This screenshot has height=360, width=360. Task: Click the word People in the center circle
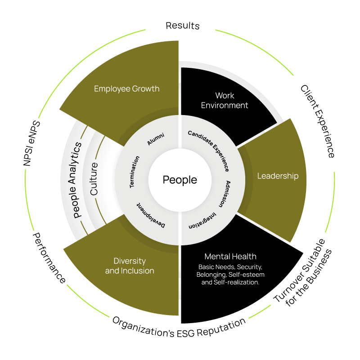(180, 180)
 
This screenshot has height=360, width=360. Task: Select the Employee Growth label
(126, 89)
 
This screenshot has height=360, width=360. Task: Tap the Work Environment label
(225, 100)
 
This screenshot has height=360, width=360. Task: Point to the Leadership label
(278, 176)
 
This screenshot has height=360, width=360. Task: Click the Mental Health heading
(230, 257)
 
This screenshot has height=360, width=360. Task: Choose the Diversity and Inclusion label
(130, 266)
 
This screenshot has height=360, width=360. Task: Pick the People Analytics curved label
(77, 180)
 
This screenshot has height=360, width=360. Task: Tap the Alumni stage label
(156, 139)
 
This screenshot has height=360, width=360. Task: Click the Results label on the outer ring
(182, 25)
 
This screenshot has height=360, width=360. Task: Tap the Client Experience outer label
(318, 121)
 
